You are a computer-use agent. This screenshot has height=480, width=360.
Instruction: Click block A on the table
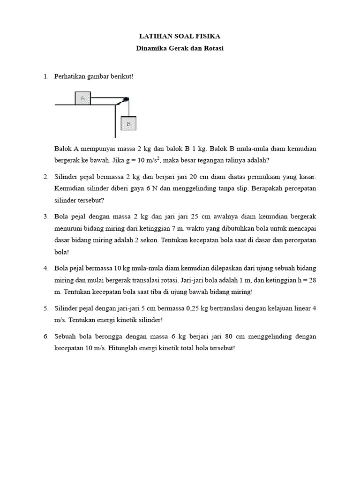click(x=82, y=98)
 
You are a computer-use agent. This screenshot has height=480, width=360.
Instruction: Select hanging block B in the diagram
click(x=128, y=124)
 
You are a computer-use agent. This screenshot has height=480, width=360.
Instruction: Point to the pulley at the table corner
click(x=125, y=99)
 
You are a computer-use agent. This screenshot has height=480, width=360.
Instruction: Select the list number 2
click(x=46, y=177)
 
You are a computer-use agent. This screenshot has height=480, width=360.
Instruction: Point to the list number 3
click(x=46, y=217)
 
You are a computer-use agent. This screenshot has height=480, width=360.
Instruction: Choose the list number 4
click(x=46, y=268)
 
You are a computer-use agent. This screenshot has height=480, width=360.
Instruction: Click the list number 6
click(x=46, y=337)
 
